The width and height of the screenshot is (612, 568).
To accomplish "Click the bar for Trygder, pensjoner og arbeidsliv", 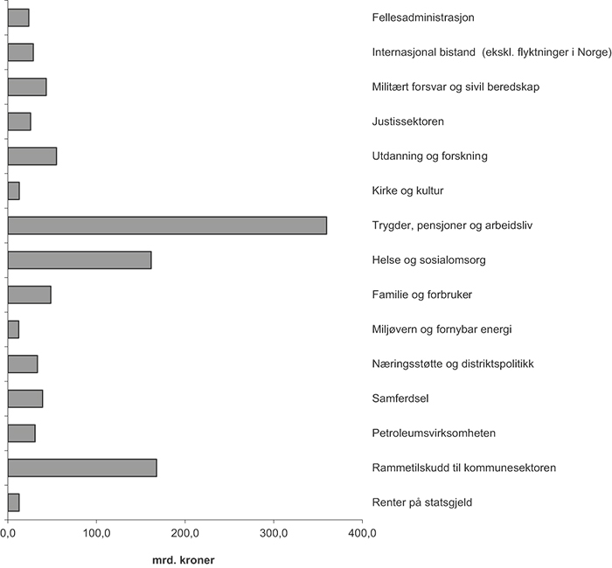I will pos(167,225).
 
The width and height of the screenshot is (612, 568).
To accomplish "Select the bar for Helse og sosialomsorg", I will pos(80,260).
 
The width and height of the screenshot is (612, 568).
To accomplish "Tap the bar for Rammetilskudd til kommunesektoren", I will pos(82,468).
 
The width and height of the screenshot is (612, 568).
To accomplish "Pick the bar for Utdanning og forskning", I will pos(32,156).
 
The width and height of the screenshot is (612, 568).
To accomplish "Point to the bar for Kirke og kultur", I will pos(14,190).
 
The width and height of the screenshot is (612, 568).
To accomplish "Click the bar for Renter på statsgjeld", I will pos(14,502).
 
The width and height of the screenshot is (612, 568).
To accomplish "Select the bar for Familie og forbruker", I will pos(30,294).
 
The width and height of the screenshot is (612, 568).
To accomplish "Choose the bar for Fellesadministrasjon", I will pos(18,17).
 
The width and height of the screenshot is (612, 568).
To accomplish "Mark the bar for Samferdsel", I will pos(25,398).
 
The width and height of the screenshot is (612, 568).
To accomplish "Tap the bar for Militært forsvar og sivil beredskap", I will pos(27,87).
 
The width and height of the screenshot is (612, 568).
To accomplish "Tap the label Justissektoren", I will pos(408,121).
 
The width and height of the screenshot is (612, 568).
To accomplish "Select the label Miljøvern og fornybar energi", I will pos(441,329).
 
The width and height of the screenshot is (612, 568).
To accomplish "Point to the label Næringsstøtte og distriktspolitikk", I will pos(452,364).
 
